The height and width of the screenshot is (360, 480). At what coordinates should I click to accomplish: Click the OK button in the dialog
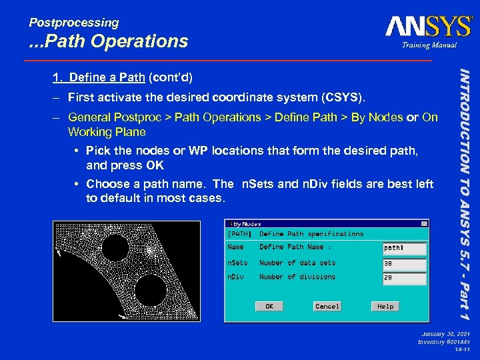point(269,306)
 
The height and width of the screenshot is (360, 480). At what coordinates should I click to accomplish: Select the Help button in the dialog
point(385,306)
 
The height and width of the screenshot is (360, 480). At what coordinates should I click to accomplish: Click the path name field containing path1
point(404,248)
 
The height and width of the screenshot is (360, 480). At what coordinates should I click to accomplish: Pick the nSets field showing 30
point(404,263)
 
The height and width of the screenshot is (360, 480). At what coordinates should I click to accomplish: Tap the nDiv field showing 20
point(404,278)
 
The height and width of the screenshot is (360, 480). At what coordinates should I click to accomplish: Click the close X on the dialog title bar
point(424,224)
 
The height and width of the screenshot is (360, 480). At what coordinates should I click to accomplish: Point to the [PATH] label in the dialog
point(240,234)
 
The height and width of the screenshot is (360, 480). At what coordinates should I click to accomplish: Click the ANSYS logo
point(428,27)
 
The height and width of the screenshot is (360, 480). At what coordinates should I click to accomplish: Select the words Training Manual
point(429,45)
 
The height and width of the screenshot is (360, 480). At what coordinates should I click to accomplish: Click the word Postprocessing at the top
point(74,23)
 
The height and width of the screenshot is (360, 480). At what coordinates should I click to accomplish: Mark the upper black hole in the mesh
point(115,248)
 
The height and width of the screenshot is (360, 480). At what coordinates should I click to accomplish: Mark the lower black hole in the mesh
point(150,289)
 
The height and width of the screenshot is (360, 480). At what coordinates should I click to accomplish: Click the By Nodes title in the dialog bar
point(247,224)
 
